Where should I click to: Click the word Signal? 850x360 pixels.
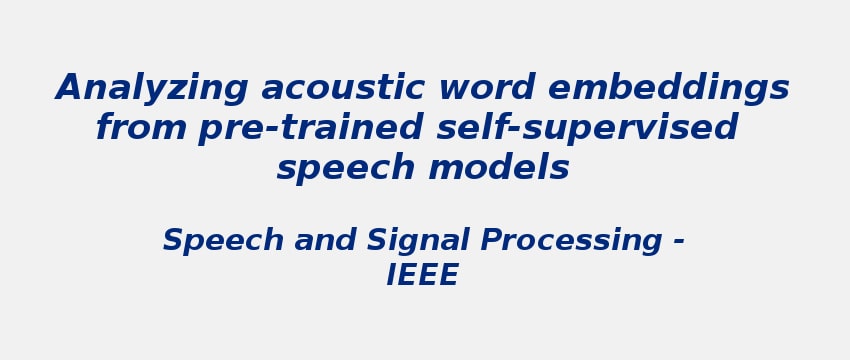pyautogui.click(x=419, y=242)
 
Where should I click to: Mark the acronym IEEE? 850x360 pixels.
pyautogui.click(x=423, y=276)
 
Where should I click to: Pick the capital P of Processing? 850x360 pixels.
pyautogui.click(x=489, y=241)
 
